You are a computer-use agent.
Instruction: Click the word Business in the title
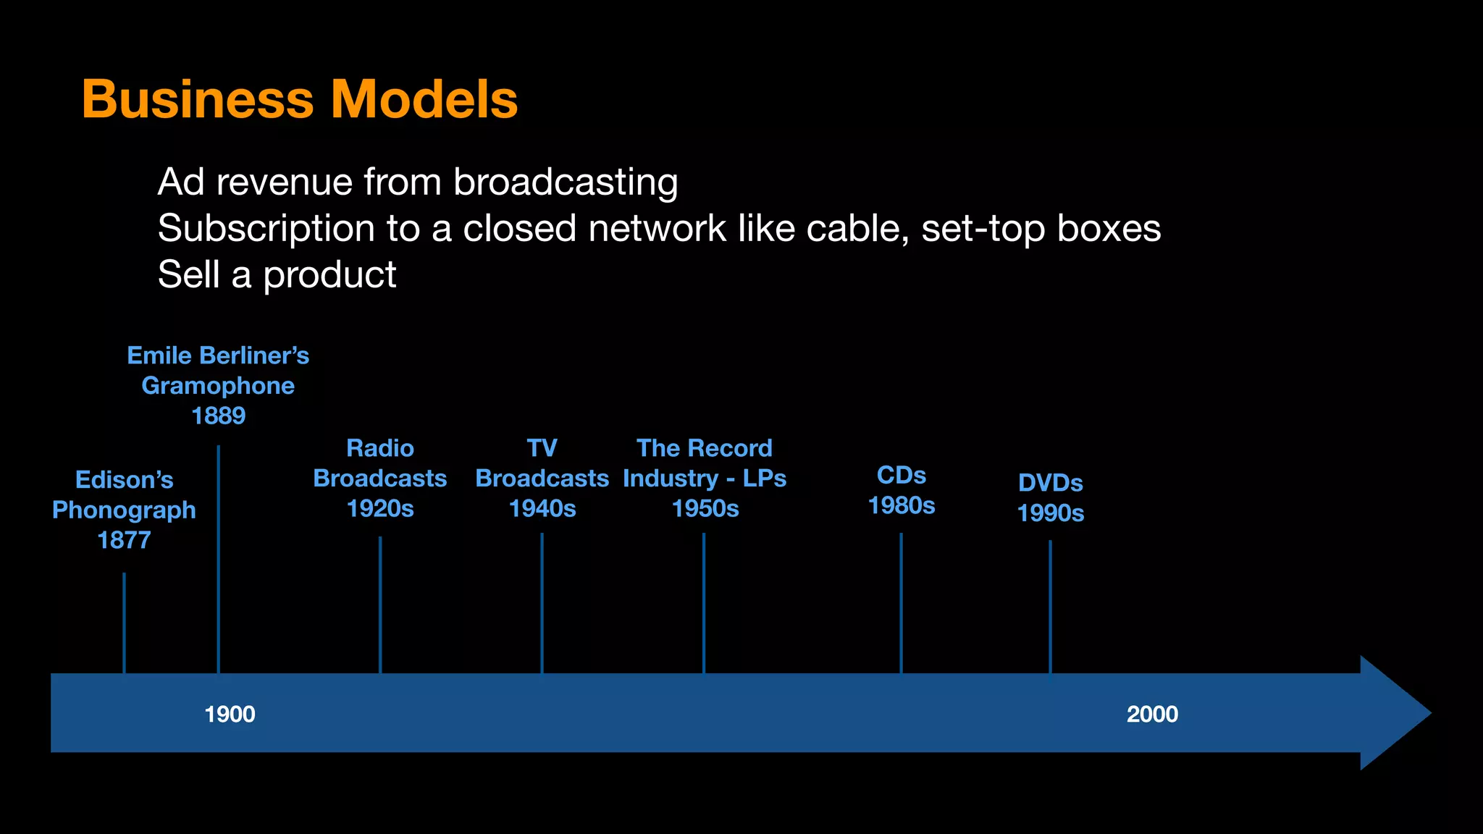(x=198, y=99)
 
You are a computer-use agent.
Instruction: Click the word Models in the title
(x=424, y=99)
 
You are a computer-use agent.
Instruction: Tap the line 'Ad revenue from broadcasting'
(x=418, y=182)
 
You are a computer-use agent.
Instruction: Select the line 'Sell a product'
(x=277, y=274)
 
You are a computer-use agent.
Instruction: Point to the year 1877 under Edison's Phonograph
(x=124, y=540)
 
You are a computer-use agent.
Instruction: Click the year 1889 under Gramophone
(x=218, y=416)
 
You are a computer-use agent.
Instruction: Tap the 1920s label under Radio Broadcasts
(x=380, y=509)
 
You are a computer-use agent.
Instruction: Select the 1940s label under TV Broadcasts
(x=542, y=509)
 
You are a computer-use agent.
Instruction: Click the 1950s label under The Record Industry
(x=705, y=509)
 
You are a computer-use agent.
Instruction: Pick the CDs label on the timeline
(x=902, y=476)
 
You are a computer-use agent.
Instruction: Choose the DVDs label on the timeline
(x=1051, y=483)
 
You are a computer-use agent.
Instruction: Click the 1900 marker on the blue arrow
(x=230, y=715)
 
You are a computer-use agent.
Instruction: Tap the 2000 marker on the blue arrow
(x=1152, y=715)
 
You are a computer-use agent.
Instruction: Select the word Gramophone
(x=218, y=386)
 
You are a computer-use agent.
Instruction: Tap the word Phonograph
(x=124, y=510)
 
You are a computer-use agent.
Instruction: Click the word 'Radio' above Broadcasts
(x=380, y=448)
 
